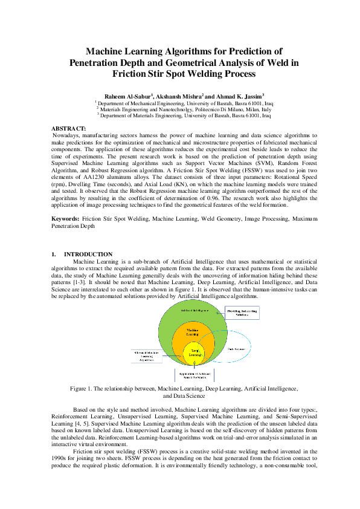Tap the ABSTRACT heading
pyautogui.click(x=69, y=129)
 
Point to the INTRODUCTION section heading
pyautogui.click(x=88, y=254)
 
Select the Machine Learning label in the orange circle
pyautogui.click(x=192, y=331)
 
